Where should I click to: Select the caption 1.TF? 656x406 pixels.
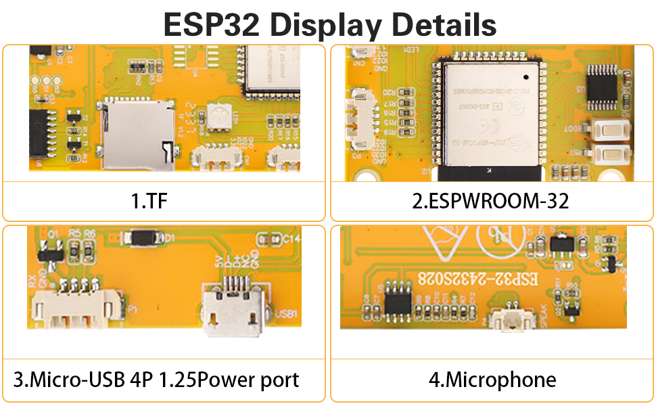click(x=148, y=201)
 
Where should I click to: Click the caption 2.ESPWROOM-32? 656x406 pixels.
click(x=492, y=201)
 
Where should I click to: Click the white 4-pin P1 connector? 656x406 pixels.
click(x=80, y=306)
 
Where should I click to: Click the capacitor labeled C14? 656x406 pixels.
click(x=270, y=239)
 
